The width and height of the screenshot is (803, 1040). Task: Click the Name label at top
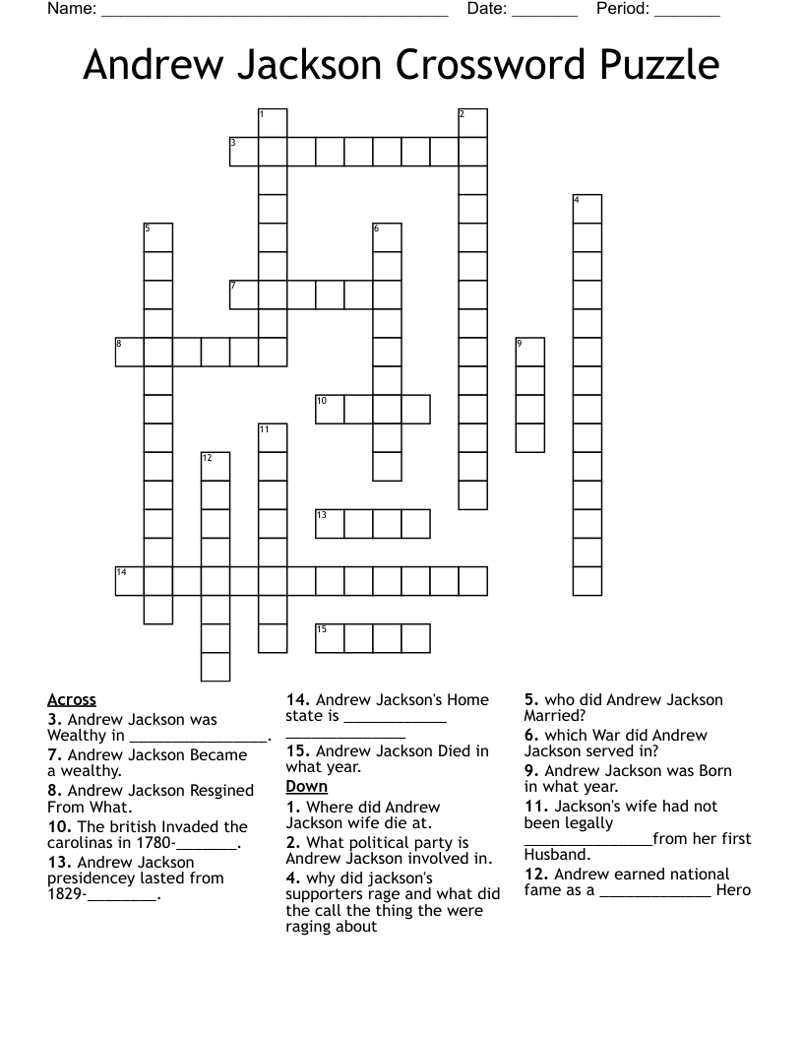coord(72,10)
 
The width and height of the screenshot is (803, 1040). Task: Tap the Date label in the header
coord(487,10)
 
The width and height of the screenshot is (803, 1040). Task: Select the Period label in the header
coord(622,10)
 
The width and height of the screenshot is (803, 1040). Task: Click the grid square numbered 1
coord(273,123)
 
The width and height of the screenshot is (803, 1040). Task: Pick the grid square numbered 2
coord(473,123)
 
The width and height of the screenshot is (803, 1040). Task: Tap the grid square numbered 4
coord(587,209)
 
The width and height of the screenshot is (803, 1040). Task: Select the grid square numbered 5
coord(158,237)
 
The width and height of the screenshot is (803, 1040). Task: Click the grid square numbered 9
coord(530,352)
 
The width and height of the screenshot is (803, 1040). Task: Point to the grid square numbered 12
coord(216,466)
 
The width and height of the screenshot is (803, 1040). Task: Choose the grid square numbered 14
coord(130,581)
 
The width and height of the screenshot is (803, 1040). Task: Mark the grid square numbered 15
coord(330,638)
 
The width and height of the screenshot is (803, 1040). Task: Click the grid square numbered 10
coord(330,409)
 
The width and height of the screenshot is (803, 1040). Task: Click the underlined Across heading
coord(72,700)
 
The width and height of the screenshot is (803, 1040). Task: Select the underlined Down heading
coord(306,787)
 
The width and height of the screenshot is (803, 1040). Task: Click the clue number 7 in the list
coord(55,755)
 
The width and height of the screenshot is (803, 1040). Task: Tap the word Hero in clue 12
coord(734,890)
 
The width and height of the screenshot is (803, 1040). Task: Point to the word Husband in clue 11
coord(556,855)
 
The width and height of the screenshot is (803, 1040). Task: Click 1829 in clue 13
coord(65,894)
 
